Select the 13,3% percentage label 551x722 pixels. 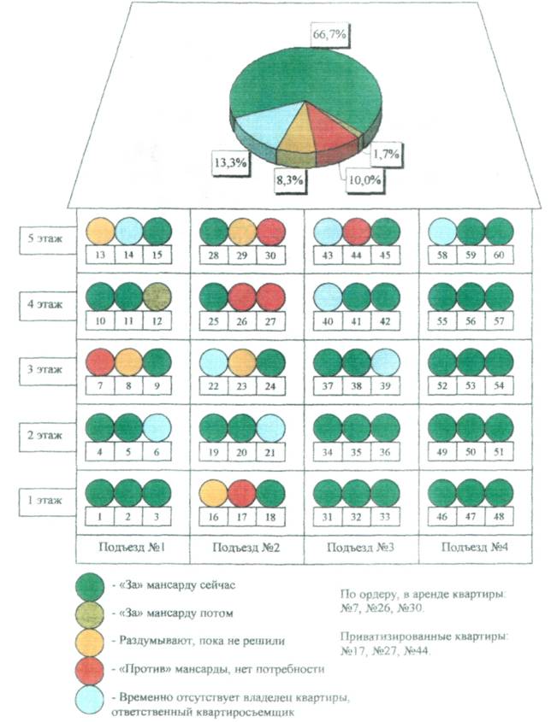point(229,161)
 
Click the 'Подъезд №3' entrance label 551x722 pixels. point(361,546)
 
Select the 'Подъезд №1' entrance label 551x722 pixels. point(131,546)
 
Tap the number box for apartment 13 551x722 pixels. point(101,255)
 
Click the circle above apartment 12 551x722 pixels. point(157,296)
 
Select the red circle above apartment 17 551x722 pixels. point(242,495)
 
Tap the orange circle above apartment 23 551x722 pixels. point(242,363)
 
